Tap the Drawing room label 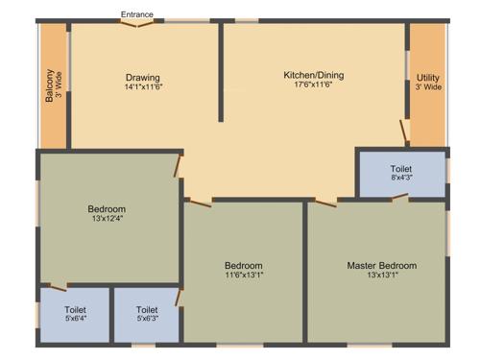coord(142,78)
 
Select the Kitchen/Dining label coord(313,75)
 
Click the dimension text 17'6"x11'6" coord(313,84)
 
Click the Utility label coord(427,78)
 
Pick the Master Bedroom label coord(381,265)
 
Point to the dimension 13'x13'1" coord(381,276)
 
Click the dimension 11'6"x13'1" coord(244,276)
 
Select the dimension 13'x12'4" coord(107,218)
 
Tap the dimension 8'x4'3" coord(401,177)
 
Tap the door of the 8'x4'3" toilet coord(398,198)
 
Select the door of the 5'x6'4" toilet coord(58,286)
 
